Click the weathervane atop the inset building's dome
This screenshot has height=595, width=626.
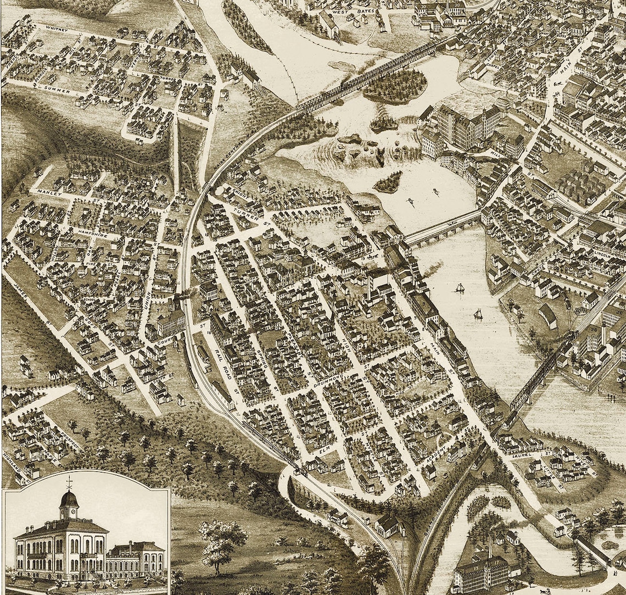pos(69,483)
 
